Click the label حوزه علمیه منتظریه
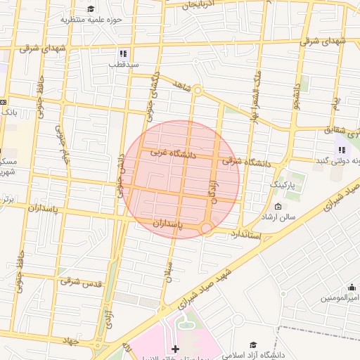[91, 20]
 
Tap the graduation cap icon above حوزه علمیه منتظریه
[91, 8]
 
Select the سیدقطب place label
[123, 64]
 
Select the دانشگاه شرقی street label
[247, 162]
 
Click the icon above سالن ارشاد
[278, 207]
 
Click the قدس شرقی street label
[80, 282]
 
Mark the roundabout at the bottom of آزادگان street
[206, 228]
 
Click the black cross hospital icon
[175, 349]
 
